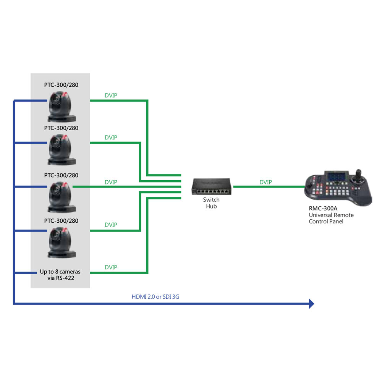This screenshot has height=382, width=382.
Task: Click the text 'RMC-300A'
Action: (x=323, y=209)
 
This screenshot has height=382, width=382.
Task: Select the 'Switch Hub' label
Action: (x=211, y=203)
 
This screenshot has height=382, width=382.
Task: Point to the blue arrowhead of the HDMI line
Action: (x=311, y=304)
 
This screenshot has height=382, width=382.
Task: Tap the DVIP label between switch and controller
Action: (x=265, y=182)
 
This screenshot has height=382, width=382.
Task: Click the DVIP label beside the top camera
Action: (x=111, y=95)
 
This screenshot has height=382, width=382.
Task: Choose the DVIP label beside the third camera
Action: (x=111, y=182)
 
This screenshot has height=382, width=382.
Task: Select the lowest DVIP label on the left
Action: (x=111, y=267)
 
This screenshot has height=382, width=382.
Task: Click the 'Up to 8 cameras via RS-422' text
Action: (x=60, y=275)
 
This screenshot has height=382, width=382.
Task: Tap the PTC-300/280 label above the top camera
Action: (x=61, y=85)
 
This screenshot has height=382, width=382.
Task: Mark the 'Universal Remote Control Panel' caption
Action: (x=331, y=218)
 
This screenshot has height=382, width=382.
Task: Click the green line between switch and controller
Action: (x=267, y=187)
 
